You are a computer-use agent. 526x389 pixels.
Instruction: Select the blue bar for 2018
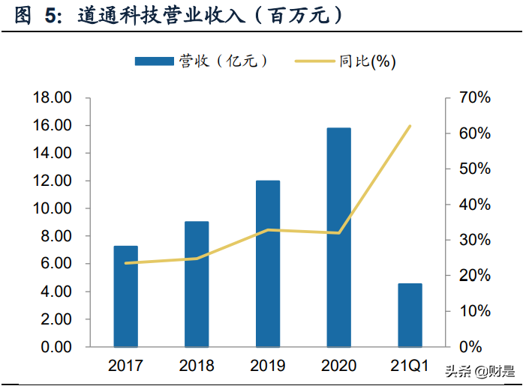click(197, 284)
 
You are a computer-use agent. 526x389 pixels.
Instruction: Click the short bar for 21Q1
click(410, 315)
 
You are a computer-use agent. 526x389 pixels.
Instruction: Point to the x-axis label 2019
click(268, 366)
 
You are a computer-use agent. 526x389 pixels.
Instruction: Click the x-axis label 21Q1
click(410, 366)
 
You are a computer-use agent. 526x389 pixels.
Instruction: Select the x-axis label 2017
click(125, 366)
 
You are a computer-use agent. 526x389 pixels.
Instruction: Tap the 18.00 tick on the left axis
click(52, 98)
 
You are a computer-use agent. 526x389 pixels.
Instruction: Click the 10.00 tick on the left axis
click(52, 209)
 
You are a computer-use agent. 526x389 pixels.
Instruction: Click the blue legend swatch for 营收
click(153, 61)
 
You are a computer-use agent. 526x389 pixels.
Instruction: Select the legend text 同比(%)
click(367, 61)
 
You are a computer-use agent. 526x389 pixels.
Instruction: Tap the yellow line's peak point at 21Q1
click(410, 126)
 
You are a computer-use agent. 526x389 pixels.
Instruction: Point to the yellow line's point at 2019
click(268, 230)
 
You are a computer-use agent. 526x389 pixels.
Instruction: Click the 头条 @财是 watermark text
click(479, 371)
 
